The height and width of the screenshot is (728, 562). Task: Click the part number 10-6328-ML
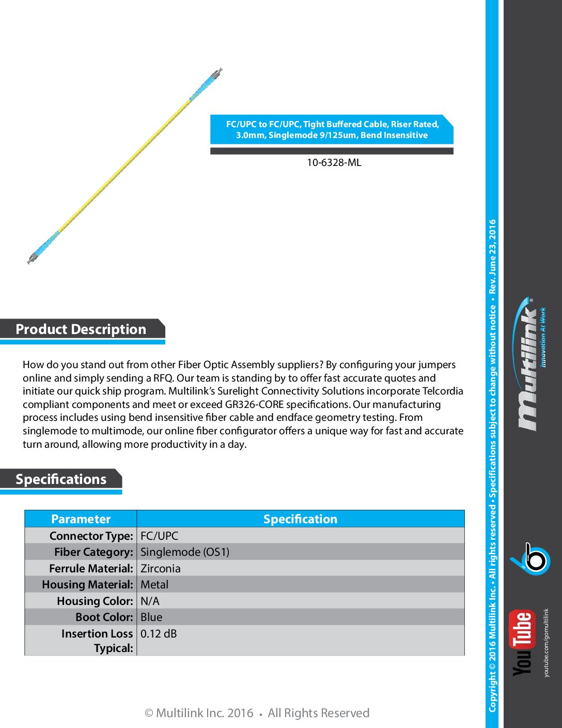point(334,162)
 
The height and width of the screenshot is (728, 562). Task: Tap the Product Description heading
point(81,329)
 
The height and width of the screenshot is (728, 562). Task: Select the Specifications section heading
point(61,479)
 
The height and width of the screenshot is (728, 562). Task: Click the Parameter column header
point(81,519)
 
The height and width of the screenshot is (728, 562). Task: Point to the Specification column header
point(300,519)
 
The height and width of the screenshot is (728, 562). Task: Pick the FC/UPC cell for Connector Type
point(159,536)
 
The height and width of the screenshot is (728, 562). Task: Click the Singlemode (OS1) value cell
point(185,552)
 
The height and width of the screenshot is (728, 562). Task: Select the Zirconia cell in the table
point(161,569)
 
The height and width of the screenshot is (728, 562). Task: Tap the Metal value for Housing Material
point(154,585)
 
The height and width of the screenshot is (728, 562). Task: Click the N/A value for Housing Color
point(150,601)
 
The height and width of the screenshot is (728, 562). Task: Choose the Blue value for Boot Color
point(151,617)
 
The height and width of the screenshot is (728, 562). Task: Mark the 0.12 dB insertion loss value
point(159,634)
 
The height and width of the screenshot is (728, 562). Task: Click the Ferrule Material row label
point(91,569)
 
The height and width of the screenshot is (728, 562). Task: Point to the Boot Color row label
point(104,617)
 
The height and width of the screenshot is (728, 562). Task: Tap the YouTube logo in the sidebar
point(522,643)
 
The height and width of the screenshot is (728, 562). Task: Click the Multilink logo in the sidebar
point(530,365)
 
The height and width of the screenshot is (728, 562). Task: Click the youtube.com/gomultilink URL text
point(547,643)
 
